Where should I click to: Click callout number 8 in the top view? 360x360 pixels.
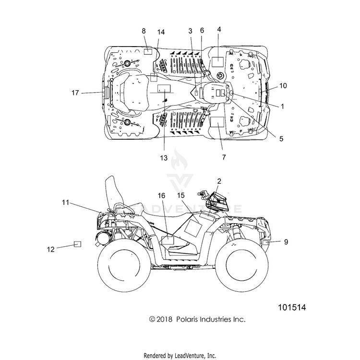click(144, 31)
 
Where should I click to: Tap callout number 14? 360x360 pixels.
click(161, 32)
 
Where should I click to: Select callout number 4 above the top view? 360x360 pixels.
click(219, 29)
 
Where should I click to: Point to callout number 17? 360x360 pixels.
click(75, 93)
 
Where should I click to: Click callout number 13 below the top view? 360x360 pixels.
click(164, 158)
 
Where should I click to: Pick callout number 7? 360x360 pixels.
click(224, 157)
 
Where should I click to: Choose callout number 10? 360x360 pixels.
click(283, 85)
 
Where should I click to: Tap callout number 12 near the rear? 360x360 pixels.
click(51, 249)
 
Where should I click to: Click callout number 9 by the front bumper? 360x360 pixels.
click(286, 242)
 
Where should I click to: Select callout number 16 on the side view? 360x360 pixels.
click(161, 195)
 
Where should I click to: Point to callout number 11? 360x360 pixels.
click(65, 202)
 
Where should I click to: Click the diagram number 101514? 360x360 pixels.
click(292, 307)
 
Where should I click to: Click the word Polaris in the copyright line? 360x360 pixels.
click(186, 319)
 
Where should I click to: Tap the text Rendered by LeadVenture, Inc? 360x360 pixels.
click(180, 356)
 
